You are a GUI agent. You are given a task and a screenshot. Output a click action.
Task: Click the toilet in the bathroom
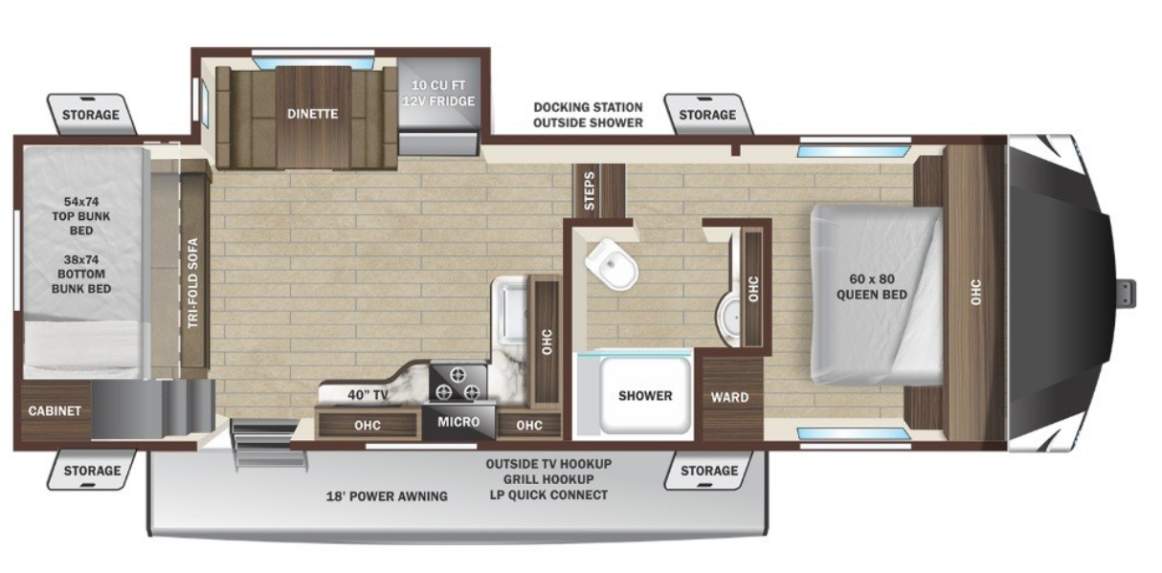pos(613,263)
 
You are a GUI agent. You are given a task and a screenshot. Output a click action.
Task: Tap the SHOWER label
pos(644,395)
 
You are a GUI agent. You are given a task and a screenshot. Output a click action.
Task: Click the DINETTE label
pos(312,114)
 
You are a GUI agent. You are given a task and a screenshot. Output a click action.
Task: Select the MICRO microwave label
pos(458,422)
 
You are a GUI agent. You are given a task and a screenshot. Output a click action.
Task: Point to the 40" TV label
pos(368,394)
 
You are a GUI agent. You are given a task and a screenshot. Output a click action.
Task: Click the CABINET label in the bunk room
pos(55,411)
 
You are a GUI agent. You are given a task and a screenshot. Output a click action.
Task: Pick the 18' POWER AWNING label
pos(387,496)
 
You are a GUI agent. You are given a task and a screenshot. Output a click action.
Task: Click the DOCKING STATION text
pos(588,107)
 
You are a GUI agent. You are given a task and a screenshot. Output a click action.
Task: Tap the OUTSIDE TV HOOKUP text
pos(547,463)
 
